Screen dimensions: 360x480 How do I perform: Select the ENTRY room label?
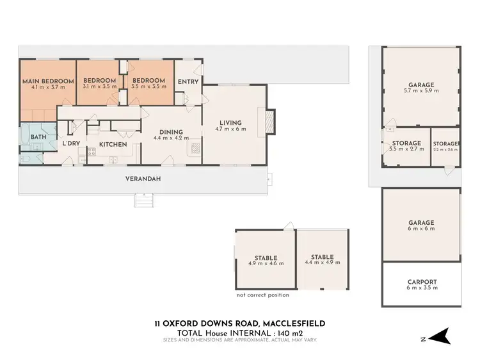point(188,81)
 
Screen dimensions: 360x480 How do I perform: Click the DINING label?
point(171,132)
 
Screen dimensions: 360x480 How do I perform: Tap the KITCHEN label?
point(112,145)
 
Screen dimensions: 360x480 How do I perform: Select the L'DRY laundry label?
point(70,143)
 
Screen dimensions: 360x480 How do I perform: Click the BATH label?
point(38,137)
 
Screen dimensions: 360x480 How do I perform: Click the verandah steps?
point(143,202)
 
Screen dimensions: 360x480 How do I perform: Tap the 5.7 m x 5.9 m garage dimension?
point(421,90)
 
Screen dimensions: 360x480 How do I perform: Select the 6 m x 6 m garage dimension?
point(421,228)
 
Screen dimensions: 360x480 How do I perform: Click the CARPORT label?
point(422,281)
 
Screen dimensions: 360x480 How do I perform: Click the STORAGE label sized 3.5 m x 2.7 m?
point(406,143)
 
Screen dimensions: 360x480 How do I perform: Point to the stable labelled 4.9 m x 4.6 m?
point(265,260)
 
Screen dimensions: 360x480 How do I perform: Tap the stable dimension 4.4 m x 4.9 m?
point(323,263)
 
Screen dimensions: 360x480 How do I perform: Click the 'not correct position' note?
point(262,295)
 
